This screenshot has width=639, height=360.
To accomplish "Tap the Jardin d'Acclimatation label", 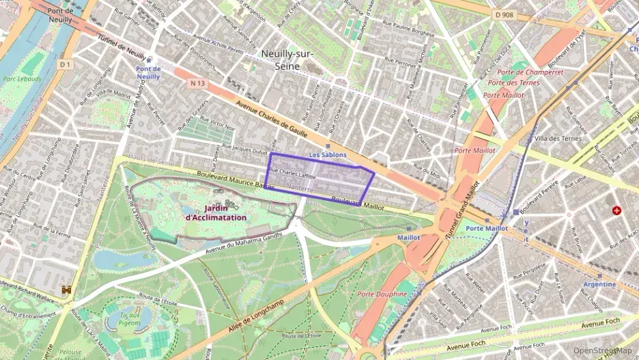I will click(216, 212).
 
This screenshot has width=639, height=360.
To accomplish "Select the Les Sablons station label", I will click(328, 155).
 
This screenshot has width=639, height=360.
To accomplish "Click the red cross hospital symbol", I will click(617, 211).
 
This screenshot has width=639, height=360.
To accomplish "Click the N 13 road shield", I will click(197, 82).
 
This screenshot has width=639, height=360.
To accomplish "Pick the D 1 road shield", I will click(66, 64).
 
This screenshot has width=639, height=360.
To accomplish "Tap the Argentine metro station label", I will click(599, 284).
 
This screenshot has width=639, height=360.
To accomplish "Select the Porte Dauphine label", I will click(382, 294).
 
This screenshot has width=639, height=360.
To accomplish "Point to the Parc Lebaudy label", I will click(22, 79).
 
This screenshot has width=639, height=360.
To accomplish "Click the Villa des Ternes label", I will click(558, 138).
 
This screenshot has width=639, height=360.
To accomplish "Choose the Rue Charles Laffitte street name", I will click(293, 174).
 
